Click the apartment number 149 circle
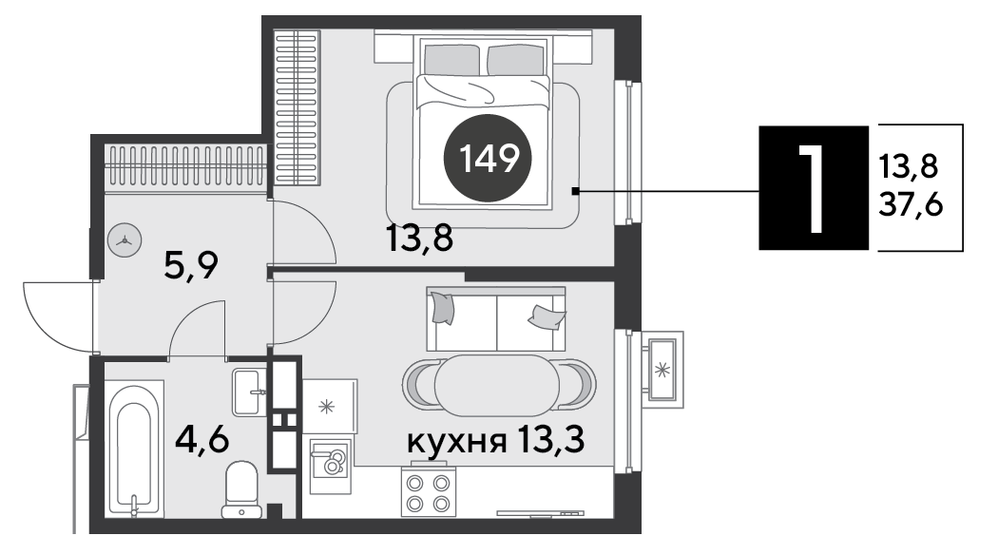click(489, 158)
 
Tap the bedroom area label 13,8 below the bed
click(419, 239)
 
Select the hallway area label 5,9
click(191, 265)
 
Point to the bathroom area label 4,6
click(202, 439)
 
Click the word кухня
click(457, 440)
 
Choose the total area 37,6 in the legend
click(911, 205)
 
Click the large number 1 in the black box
click(814, 188)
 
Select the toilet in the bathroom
click(241, 488)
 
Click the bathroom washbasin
click(249, 392)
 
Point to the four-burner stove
click(429, 492)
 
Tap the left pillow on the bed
click(451, 59)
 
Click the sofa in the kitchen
click(496, 319)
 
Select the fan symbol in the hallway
click(125, 240)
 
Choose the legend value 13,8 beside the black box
click(909, 166)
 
